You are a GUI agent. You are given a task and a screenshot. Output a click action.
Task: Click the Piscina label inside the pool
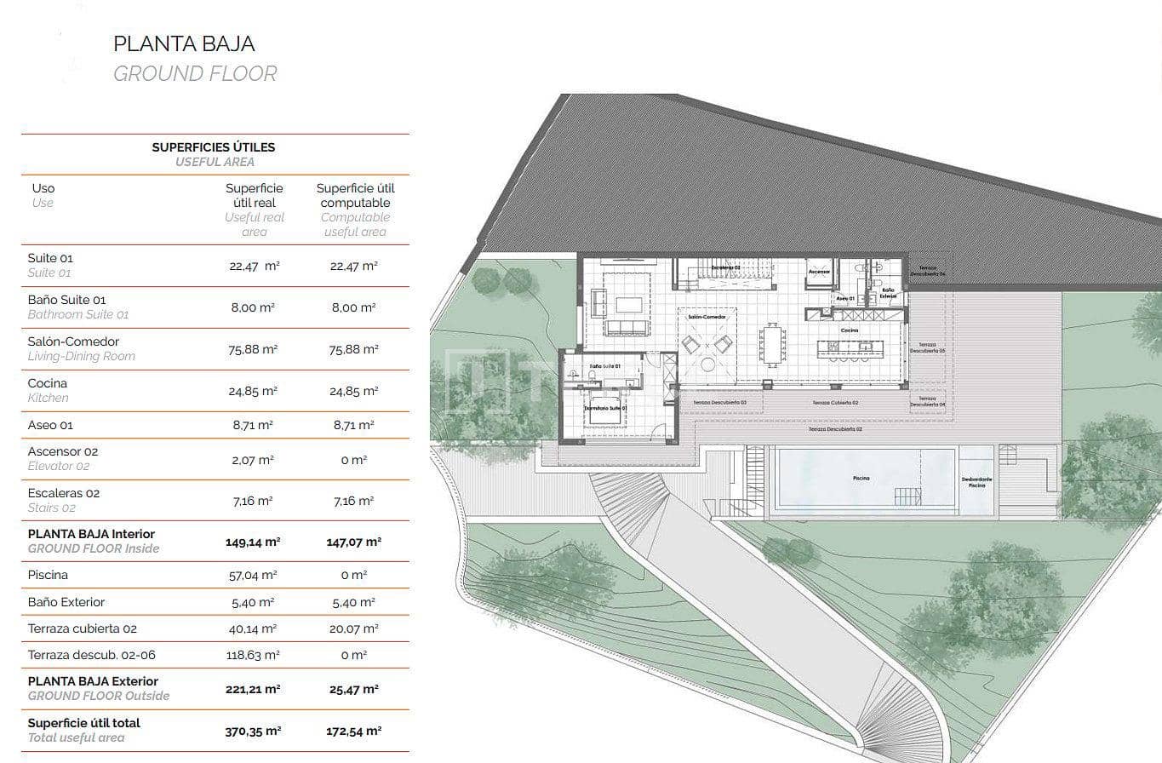(x=861, y=479)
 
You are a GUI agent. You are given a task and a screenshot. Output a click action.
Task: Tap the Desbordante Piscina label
(x=976, y=482)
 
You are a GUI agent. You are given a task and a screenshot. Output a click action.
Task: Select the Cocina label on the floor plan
(x=849, y=330)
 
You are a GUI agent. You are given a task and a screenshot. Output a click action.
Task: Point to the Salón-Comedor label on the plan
(x=706, y=317)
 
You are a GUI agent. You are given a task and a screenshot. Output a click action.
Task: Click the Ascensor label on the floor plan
(x=819, y=272)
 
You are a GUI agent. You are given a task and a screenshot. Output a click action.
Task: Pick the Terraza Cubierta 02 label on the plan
(x=835, y=403)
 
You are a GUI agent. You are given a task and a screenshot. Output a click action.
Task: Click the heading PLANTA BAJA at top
(x=184, y=43)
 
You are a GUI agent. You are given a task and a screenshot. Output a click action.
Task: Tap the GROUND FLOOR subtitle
(x=195, y=74)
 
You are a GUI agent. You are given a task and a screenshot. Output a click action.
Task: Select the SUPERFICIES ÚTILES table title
(x=214, y=146)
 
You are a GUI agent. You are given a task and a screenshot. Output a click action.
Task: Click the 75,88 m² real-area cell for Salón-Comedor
(x=254, y=349)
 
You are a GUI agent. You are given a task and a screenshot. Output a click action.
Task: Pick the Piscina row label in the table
(x=48, y=575)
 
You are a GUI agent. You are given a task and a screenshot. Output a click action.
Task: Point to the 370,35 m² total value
(x=254, y=731)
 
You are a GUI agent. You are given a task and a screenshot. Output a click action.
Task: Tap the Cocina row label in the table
(x=48, y=383)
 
